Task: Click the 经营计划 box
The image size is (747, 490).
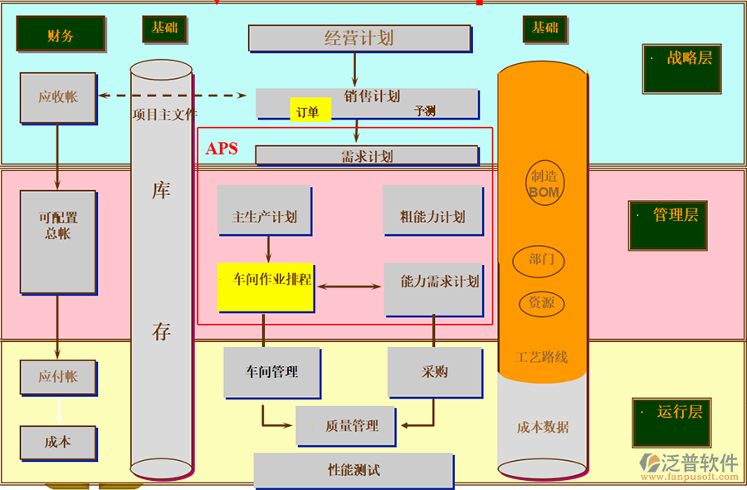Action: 359,37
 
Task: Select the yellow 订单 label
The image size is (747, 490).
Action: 309,111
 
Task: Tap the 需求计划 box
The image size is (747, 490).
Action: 366,156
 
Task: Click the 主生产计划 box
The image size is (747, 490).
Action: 265,217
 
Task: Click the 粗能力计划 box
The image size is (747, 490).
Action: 432,217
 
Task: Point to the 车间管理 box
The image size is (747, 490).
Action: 271,372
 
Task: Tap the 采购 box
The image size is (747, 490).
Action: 434,372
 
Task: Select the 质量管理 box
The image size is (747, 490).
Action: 343,426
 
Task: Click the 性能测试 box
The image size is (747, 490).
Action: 354,470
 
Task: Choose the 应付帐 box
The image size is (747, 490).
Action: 58,377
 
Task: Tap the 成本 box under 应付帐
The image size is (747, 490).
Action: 58,443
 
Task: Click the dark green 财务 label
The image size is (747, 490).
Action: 61,35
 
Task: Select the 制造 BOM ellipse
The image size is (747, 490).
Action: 544,184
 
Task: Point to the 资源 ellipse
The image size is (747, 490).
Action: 542,303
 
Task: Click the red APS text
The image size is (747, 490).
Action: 222,149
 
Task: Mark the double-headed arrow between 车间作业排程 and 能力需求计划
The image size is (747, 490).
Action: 349,287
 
